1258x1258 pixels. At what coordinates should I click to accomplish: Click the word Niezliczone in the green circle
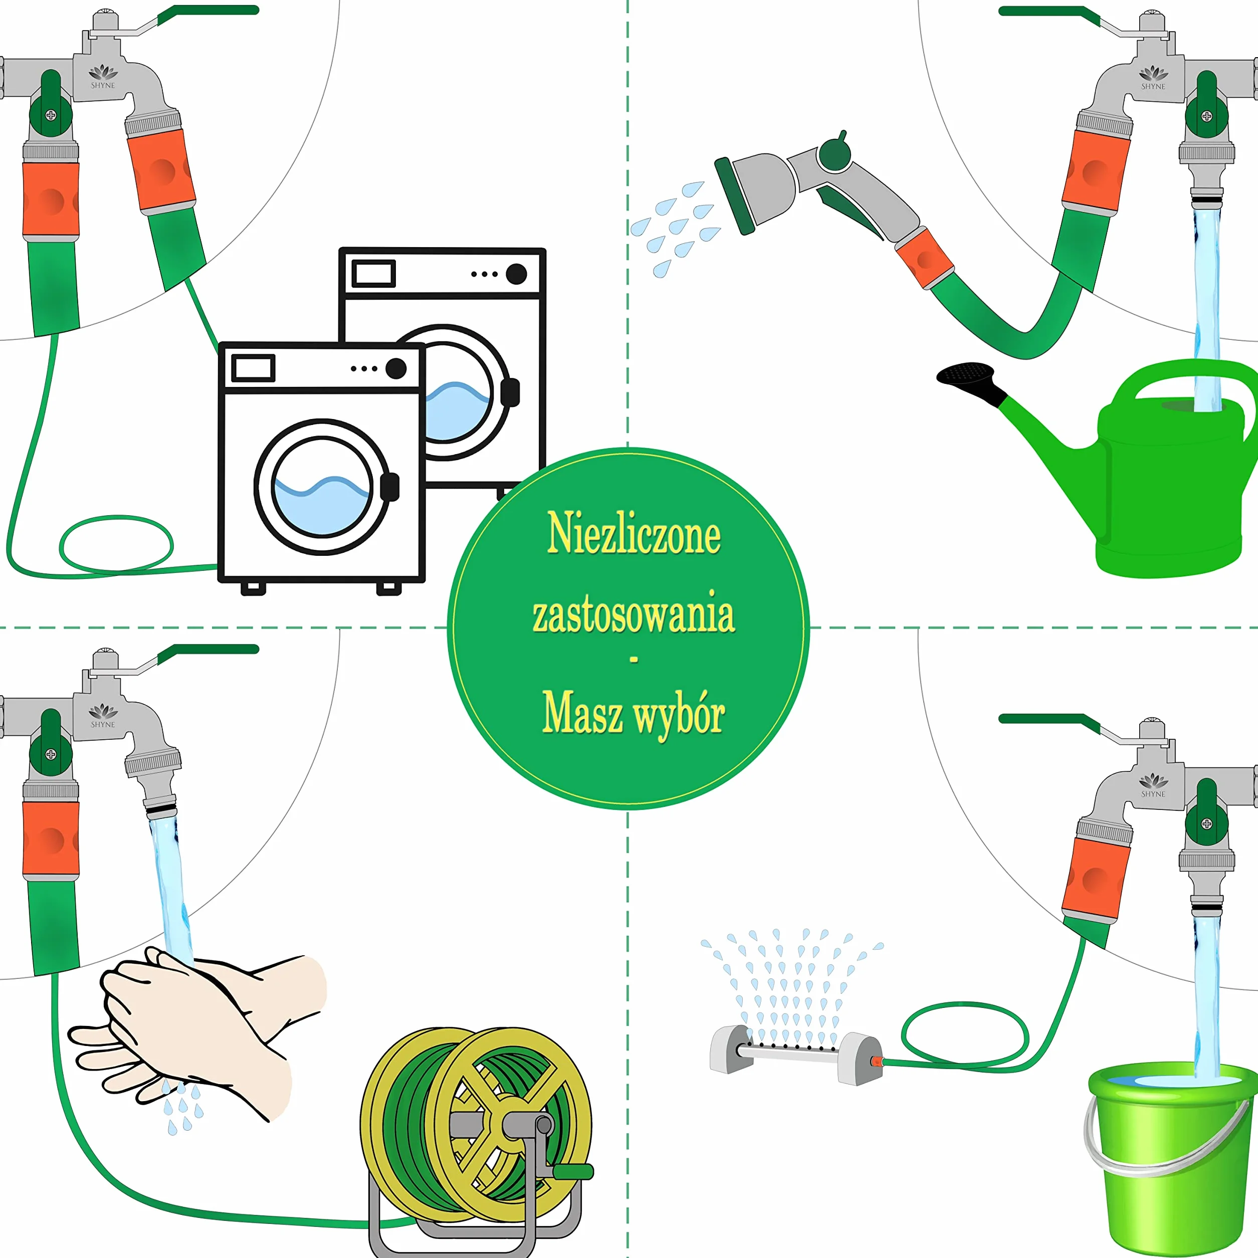[x=634, y=534]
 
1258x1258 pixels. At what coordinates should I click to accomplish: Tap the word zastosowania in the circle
[x=634, y=613]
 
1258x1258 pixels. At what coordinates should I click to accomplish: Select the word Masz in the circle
[x=582, y=713]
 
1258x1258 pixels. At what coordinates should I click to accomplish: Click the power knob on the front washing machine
[x=396, y=368]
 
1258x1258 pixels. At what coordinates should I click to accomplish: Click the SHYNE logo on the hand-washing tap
[x=103, y=715]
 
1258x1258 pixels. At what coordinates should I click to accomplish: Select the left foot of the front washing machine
[x=253, y=588]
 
